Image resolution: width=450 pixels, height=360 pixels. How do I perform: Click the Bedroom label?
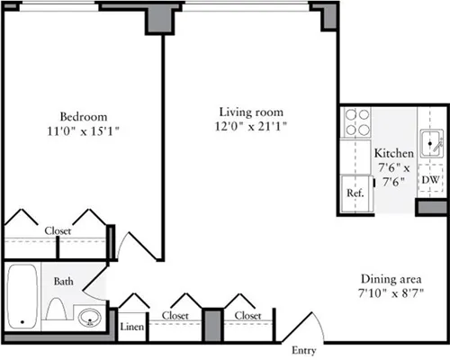click(84, 116)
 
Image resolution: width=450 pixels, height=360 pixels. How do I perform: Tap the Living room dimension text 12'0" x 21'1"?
click(253, 127)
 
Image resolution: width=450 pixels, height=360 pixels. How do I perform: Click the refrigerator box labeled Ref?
click(355, 193)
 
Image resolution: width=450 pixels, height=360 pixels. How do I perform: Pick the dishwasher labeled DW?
click(431, 180)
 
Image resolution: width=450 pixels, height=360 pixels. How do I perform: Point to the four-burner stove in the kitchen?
click(357, 121)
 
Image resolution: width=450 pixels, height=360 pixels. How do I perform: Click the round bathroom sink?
click(88, 317)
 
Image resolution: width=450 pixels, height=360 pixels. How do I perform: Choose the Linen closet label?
click(132, 327)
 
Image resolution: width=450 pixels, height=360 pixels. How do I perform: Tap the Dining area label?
click(391, 278)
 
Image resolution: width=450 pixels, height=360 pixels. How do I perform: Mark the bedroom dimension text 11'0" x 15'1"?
click(84, 130)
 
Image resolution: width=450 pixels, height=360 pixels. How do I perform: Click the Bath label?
click(63, 282)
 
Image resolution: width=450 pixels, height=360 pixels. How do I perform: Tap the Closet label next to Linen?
click(175, 316)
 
